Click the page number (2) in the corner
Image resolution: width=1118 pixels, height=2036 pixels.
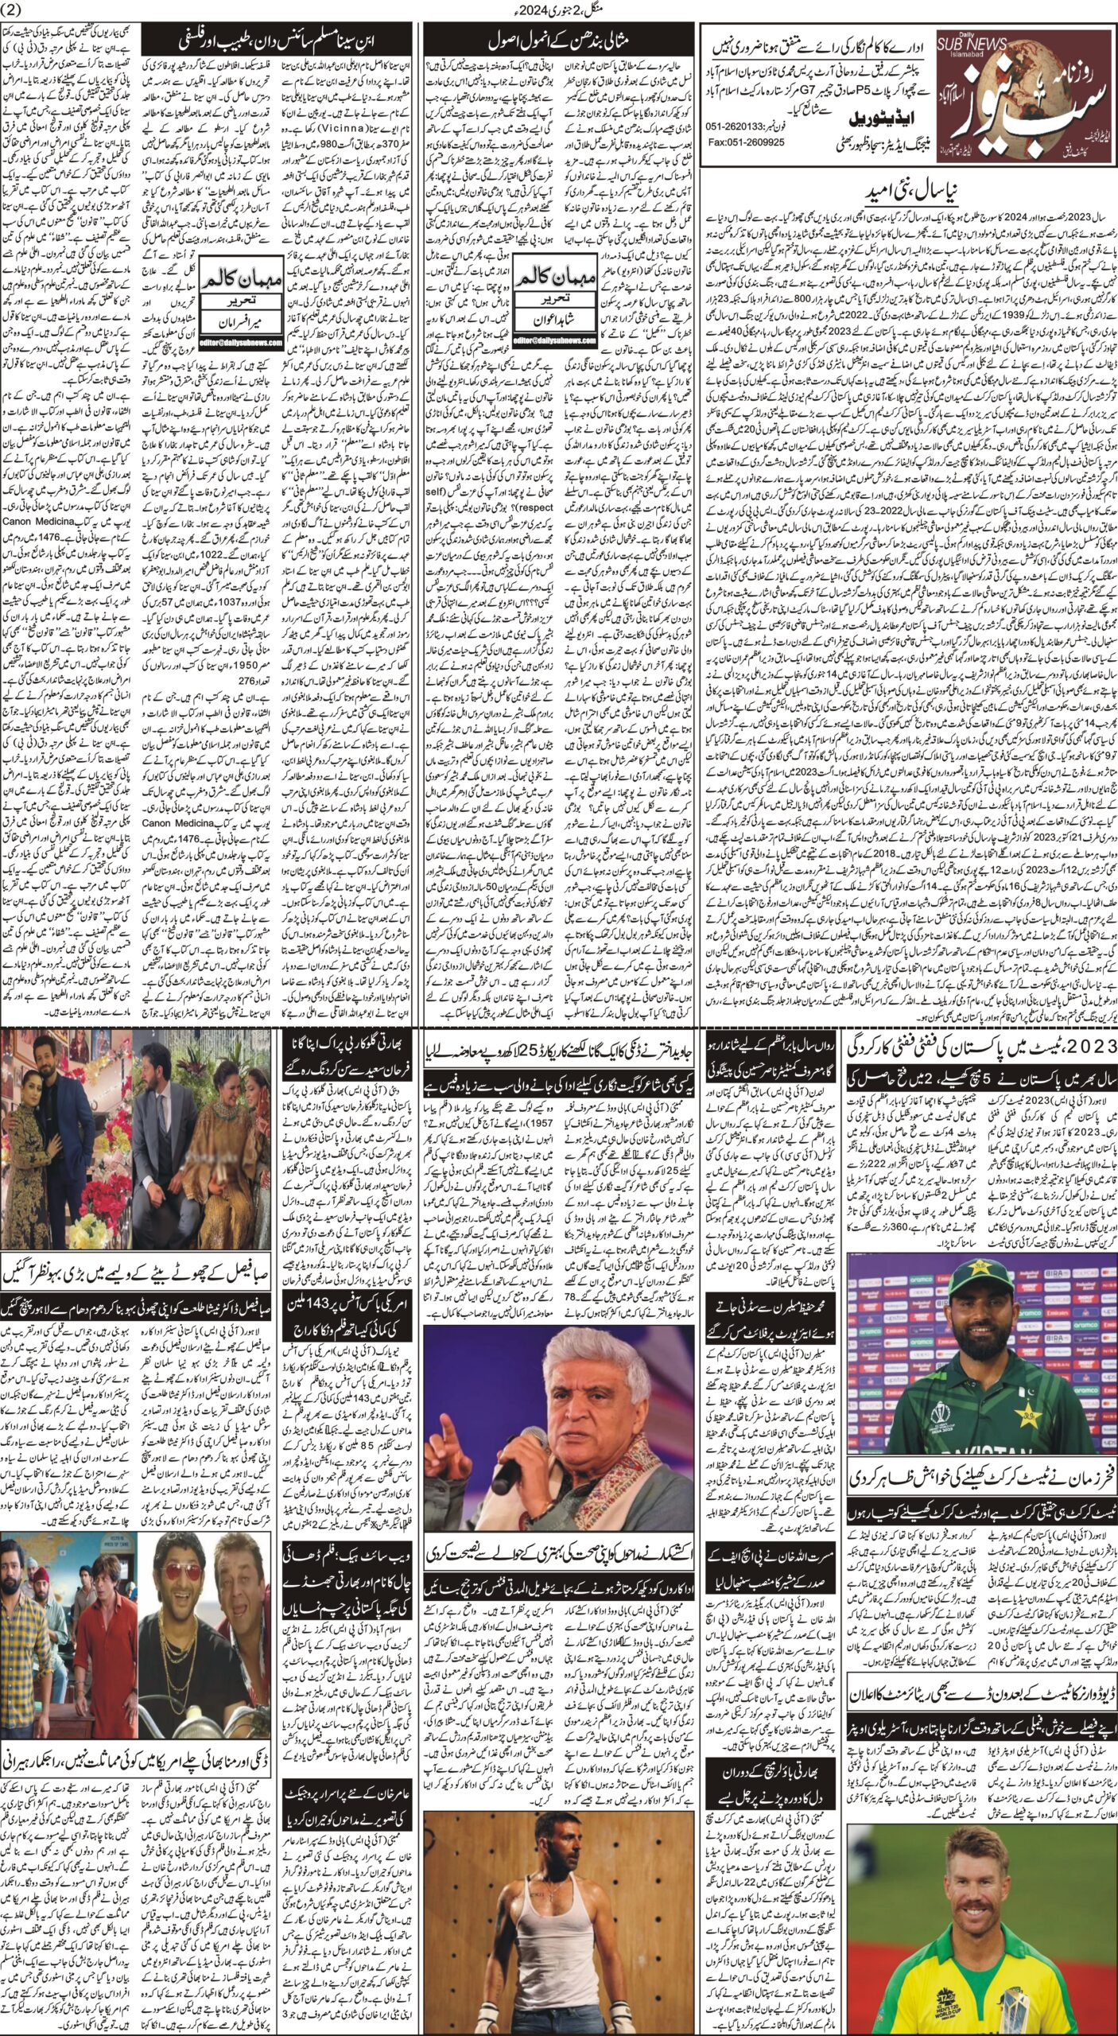[x=16, y=9]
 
